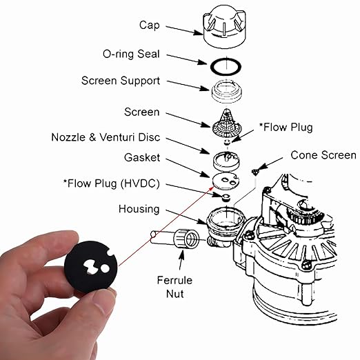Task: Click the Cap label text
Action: click(150, 25)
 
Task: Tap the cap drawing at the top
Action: click(225, 26)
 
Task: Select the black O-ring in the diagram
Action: click(226, 67)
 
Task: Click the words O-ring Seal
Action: click(131, 54)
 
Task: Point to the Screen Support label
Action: click(121, 81)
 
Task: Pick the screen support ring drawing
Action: click(227, 91)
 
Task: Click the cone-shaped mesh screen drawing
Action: click(226, 123)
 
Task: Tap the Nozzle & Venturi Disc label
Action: click(106, 137)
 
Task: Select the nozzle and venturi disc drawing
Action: click(226, 161)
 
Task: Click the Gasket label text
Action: click(142, 158)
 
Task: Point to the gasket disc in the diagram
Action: click(226, 181)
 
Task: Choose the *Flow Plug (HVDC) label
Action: click(111, 183)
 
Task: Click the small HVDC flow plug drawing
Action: click(226, 198)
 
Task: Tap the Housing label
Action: click(139, 209)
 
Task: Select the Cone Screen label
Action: click(323, 155)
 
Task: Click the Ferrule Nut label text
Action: click(174, 287)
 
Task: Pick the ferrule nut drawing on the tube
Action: click(187, 239)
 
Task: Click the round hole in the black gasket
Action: click(105, 268)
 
